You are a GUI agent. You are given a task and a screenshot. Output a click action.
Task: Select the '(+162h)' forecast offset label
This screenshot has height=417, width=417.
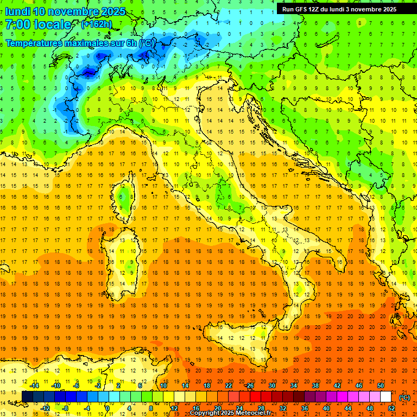click(97, 24)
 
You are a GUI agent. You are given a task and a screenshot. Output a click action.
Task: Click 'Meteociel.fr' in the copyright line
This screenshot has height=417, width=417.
click(257, 413)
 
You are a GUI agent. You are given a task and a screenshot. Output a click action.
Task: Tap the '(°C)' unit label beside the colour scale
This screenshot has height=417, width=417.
click(405, 397)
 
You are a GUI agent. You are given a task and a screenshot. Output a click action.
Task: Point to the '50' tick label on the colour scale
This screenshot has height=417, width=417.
click(381, 386)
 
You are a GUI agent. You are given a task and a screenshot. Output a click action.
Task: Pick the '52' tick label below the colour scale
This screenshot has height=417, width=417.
click(391, 408)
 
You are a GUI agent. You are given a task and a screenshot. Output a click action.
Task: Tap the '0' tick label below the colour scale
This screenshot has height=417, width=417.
click(108, 408)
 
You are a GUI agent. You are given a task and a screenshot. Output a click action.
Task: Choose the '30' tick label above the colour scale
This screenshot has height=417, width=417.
click(272, 386)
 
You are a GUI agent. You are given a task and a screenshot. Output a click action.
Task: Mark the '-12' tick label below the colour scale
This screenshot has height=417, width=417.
click(46, 408)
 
